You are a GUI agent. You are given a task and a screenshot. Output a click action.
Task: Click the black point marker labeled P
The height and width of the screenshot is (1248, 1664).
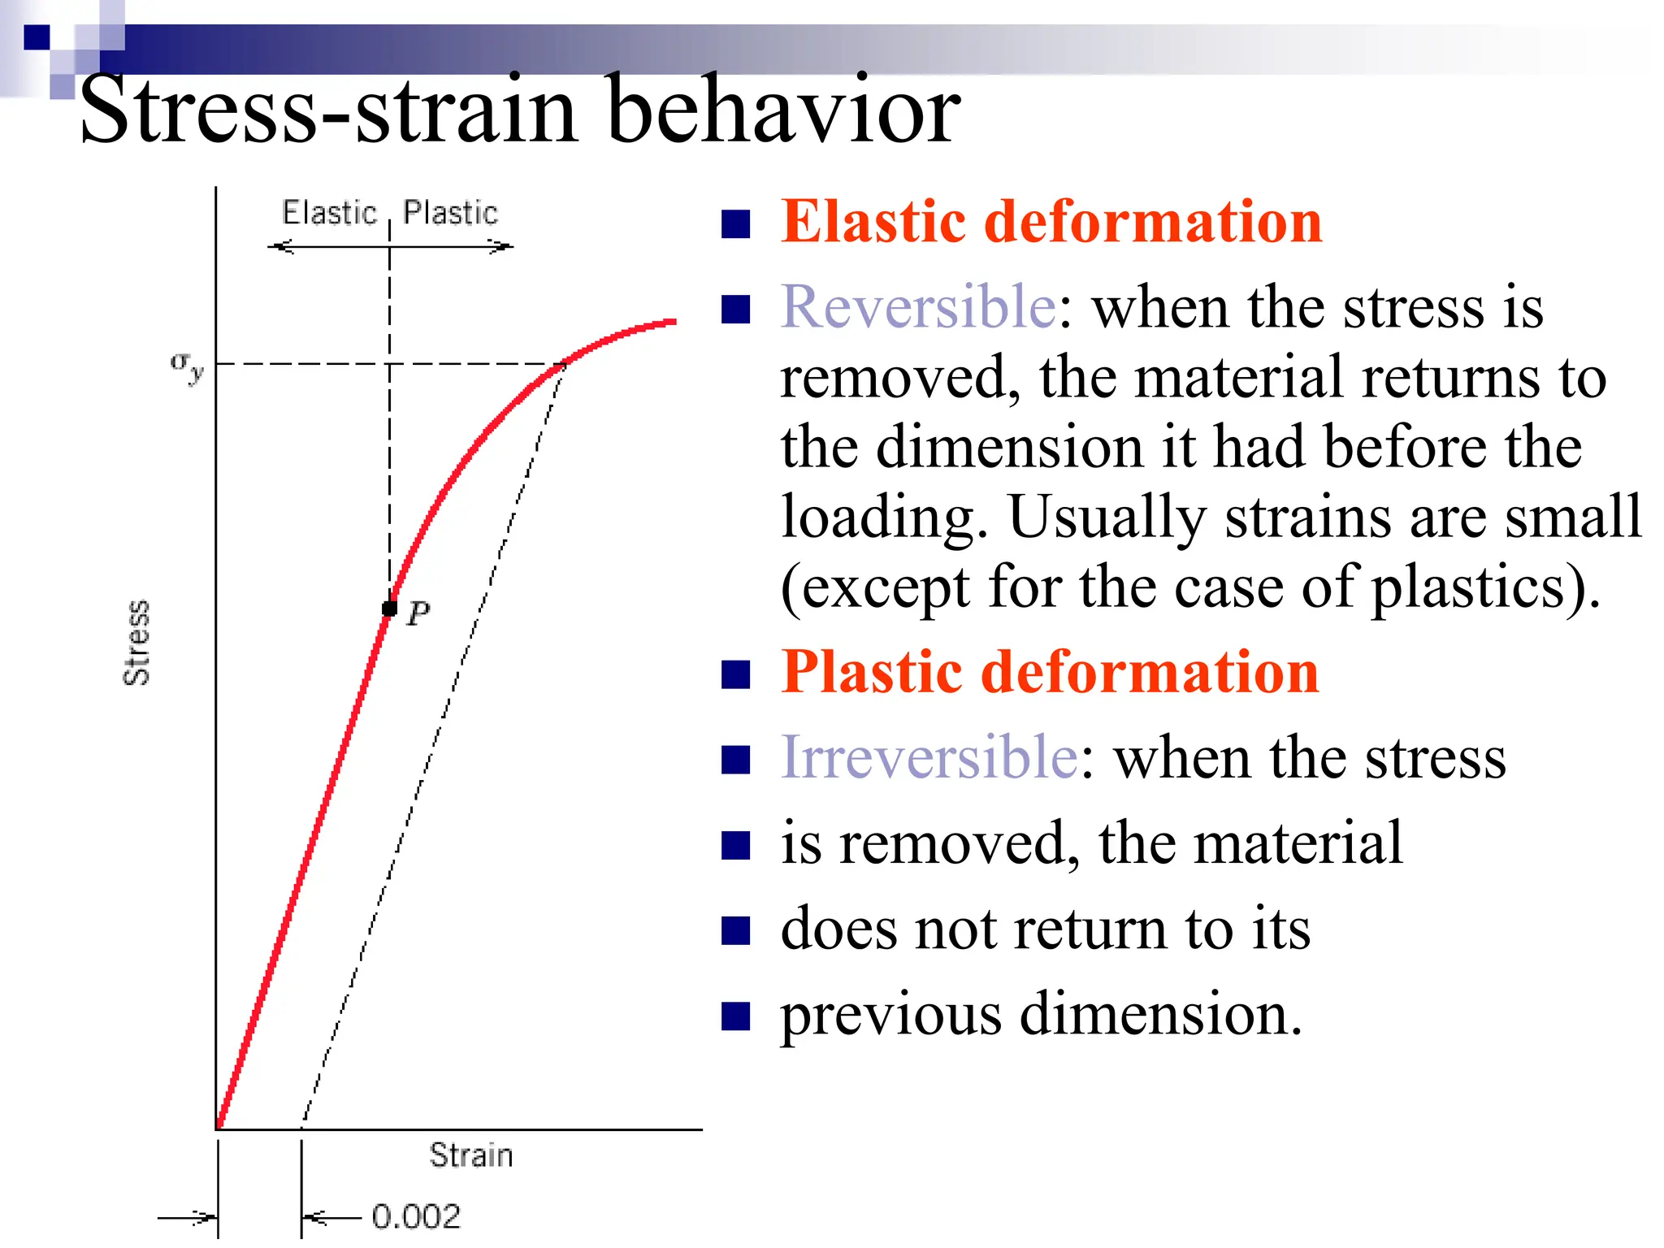[x=390, y=608]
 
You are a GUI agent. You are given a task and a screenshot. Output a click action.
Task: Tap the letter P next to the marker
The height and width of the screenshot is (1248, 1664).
[x=418, y=613]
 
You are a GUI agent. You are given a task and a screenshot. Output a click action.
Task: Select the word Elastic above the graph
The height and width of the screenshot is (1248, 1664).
[x=329, y=213]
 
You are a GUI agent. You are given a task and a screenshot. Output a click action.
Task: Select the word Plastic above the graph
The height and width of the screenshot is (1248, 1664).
[x=450, y=213]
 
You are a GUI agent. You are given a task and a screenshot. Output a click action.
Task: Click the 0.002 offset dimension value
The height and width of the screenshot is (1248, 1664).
[x=416, y=1216]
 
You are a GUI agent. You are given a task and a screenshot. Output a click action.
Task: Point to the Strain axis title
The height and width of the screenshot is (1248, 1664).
[x=471, y=1155]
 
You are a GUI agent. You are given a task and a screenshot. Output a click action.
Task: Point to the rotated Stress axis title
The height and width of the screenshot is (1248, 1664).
[x=136, y=643]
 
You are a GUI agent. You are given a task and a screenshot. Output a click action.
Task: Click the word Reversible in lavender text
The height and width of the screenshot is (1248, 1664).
[x=918, y=307]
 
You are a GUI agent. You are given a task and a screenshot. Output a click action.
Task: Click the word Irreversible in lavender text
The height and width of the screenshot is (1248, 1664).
[x=929, y=757]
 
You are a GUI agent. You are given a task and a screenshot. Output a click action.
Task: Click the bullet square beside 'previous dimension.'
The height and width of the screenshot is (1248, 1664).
[x=735, y=1016]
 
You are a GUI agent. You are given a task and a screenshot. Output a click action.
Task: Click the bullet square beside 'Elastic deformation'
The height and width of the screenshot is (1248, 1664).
[x=735, y=224]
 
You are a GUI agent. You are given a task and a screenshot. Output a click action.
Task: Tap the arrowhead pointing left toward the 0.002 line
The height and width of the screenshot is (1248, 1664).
[x=313, y=1217]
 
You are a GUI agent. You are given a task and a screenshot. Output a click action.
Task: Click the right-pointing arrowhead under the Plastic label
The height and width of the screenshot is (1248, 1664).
[x=502, y=246]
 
